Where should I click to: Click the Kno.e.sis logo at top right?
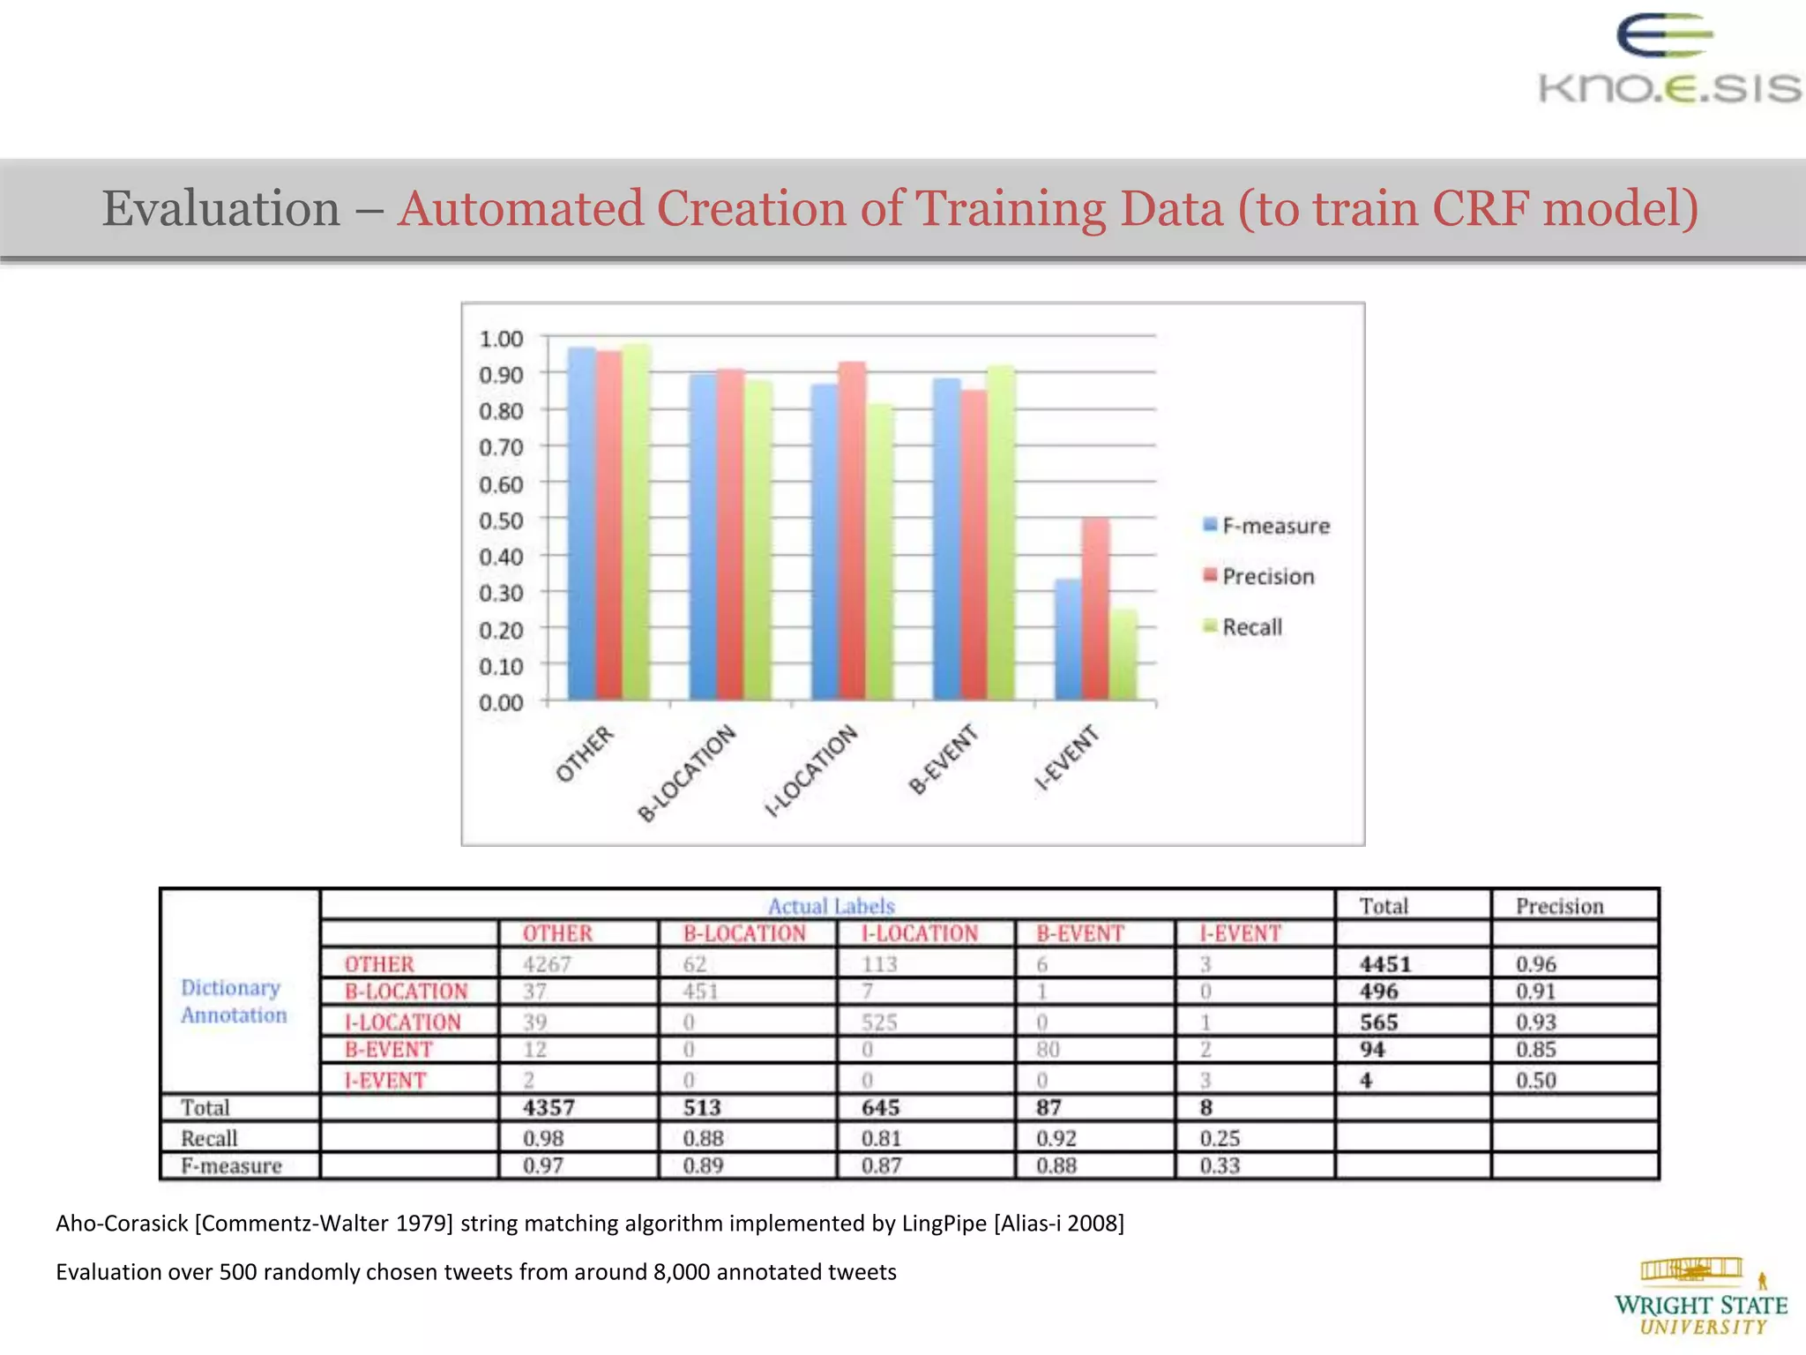click(1668, 62)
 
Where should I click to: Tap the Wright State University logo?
click(1700, 1297)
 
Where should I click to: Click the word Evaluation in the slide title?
click(221, 209)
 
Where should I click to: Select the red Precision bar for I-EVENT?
click(1096, 609)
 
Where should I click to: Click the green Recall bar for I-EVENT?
click(1123, 655)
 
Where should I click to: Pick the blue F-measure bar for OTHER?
click(581, 524)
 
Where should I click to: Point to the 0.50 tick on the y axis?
click(501, 520)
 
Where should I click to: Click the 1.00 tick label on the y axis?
click(501, 339)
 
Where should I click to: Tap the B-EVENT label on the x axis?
click(944, 759)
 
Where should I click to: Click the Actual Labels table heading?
click(831, 906)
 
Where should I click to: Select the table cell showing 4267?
click(547, 964)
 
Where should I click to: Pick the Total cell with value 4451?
click(1385, 964)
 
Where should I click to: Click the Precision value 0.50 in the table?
click(1535, 1081)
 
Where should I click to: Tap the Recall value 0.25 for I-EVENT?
click(1220, 1139)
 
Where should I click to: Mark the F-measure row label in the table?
click(231, 1166)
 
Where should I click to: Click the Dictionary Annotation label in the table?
click(234, 1001)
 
